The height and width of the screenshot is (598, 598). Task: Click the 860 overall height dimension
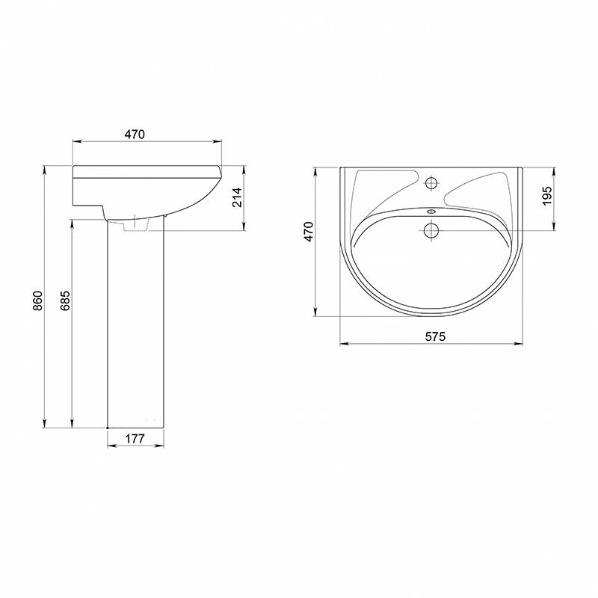[x=37, y=300]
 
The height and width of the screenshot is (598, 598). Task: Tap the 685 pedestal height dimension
[x=65, y=300]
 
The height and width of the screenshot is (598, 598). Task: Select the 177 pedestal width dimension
[x=135, y=439]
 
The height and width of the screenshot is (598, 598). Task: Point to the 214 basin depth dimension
[x=238, y=197]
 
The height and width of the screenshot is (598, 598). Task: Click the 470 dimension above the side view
[x=135, y=135]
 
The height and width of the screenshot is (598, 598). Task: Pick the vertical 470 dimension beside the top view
[x=308, y=232]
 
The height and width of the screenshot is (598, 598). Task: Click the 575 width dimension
[x=435, y=336]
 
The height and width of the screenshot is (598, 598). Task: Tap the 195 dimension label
[x=547, y=196]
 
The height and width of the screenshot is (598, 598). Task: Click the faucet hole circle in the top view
[x=431, y=182]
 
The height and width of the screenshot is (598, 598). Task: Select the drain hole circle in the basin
[x=431, y=230]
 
